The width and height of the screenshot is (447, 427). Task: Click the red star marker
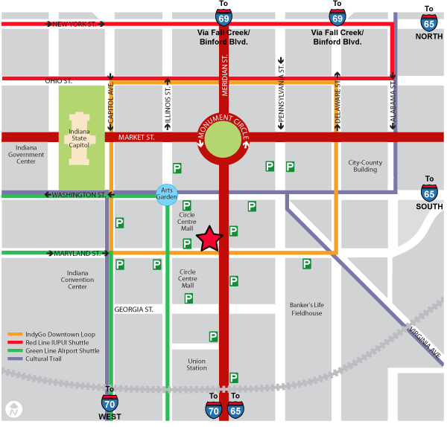tap(210, 239)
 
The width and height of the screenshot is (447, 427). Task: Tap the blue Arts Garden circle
tap(168, 192)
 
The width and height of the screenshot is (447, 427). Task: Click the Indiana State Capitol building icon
tap(80, 136)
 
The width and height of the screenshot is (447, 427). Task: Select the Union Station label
tap(197, 364)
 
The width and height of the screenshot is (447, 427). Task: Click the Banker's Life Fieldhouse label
tap(306, 309)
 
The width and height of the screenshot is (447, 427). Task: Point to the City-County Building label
tap(365, 165)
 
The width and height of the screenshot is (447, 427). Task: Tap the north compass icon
tap(13, 408)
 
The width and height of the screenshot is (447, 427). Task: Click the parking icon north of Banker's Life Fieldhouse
tap(306, 263)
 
